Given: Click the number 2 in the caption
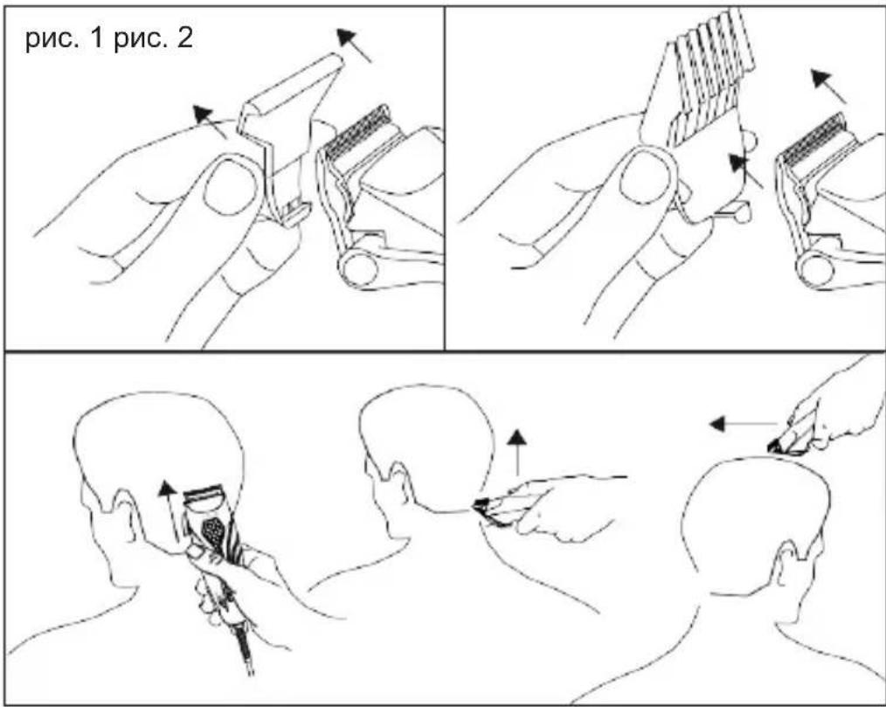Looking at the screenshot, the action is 184,38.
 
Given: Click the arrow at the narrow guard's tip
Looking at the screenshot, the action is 354,45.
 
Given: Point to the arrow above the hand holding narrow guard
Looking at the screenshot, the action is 210,121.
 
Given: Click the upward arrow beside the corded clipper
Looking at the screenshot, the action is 169,511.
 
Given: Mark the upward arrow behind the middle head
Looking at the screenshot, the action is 517,452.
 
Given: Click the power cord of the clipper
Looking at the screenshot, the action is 244,644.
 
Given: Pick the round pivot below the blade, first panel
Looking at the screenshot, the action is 358,268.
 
